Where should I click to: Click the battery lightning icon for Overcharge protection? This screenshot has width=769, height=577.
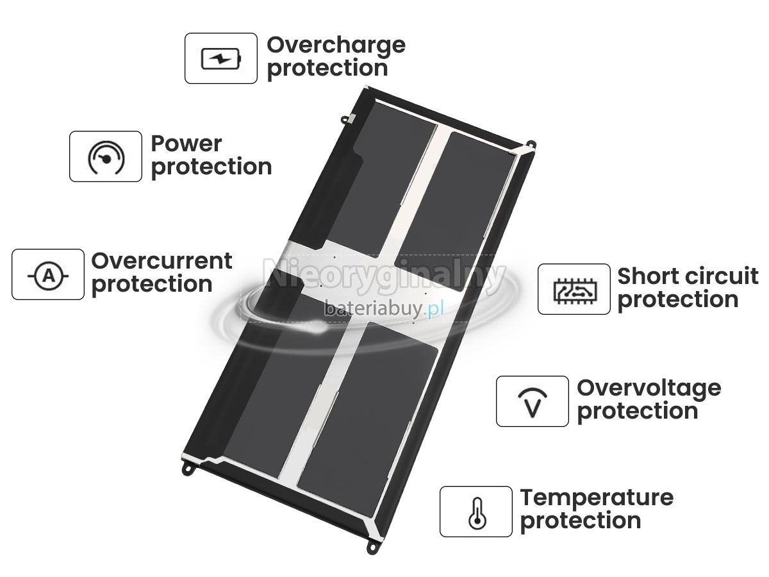[x=221, y=58]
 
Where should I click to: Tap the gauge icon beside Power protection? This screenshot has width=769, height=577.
[x=106, y=157]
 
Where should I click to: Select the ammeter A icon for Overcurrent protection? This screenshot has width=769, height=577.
[x=48, y=276]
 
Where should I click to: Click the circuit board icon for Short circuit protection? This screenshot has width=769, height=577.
[x=575, y=290]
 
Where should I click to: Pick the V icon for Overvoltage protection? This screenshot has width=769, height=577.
[x=533, y=403]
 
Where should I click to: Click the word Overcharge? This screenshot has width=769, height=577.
[x=336, y=46]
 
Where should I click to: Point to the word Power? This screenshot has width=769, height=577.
[x=186, y=144]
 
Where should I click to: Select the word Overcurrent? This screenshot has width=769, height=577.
[x=161, y=261]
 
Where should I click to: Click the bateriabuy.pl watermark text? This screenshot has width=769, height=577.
[x=384, y=308]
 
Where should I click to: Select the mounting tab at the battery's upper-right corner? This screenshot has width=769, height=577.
[x=531, y=144]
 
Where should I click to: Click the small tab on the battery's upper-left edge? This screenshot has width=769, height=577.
[x=349, y=119]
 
